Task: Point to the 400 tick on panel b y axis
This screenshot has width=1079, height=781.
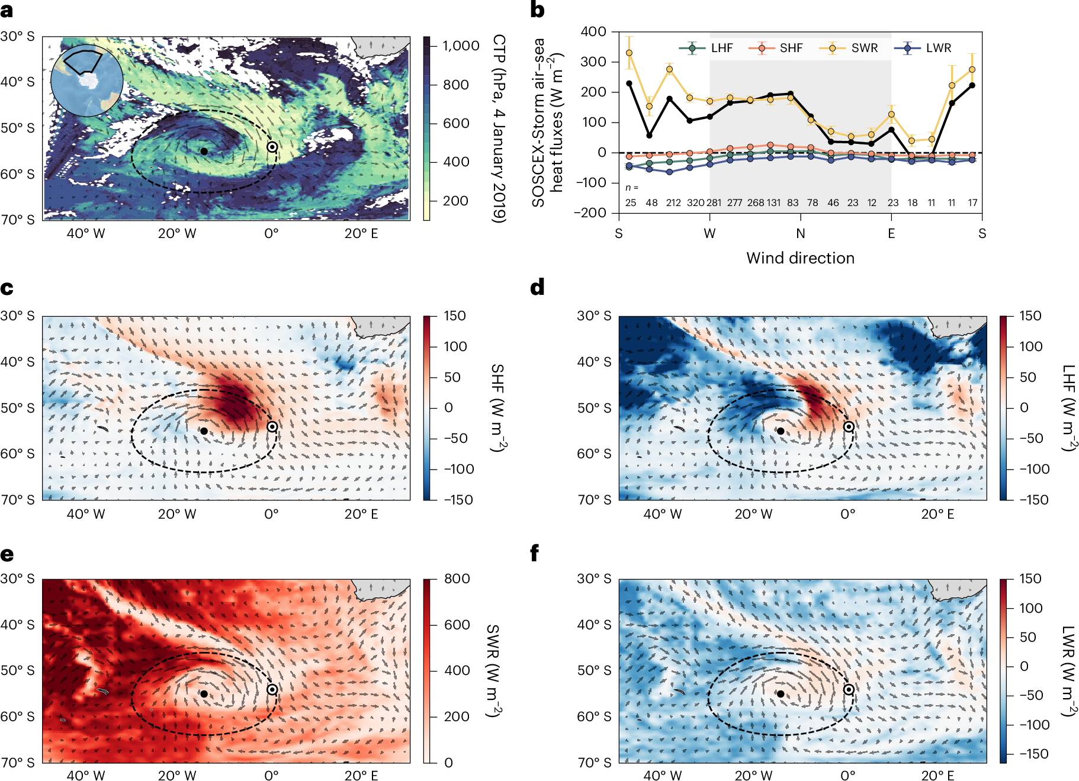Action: tap(593, 31)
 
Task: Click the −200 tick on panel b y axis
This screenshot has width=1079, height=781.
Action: tap(590, 213)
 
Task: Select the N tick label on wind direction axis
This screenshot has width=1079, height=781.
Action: tap(800, 233)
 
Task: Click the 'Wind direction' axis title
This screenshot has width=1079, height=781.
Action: tap(800, 258)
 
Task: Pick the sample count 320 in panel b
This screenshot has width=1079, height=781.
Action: tap(695, 203)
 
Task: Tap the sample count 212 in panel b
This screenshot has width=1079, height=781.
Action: tap(673, 203)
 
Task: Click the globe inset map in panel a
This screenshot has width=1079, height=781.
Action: tap(87, 80)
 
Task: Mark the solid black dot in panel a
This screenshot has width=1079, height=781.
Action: tap(204, 151)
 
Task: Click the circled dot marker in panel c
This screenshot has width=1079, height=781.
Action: tap(272, 426)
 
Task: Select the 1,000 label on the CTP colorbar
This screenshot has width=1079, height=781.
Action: tap(461, 46)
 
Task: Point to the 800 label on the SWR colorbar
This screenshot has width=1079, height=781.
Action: tap(457, 578)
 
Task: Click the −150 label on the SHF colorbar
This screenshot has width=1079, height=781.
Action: tap(458, 500)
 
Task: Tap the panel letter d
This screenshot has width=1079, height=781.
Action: tap(537, 288)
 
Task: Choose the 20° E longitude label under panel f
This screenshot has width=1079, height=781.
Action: tap(937, 776)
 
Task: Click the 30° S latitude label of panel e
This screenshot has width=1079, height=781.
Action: tap(18, 578)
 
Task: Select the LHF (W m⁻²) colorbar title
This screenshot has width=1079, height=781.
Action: tap(1068, 407)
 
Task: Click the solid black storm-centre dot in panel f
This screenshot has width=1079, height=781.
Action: tap(781, 693)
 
